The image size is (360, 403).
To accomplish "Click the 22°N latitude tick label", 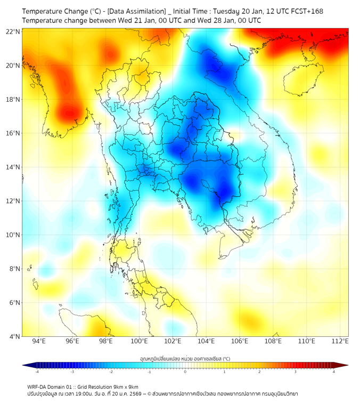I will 13,31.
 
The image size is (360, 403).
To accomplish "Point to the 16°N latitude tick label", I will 13,133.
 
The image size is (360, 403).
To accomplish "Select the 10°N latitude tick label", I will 13,235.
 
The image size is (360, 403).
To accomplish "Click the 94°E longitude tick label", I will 39,342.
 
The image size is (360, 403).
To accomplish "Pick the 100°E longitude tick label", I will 140,342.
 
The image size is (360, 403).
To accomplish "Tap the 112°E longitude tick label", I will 340,342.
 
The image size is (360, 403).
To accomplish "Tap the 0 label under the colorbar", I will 185,372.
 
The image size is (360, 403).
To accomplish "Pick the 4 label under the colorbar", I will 334,372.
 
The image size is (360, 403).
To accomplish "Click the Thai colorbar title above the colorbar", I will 185,359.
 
